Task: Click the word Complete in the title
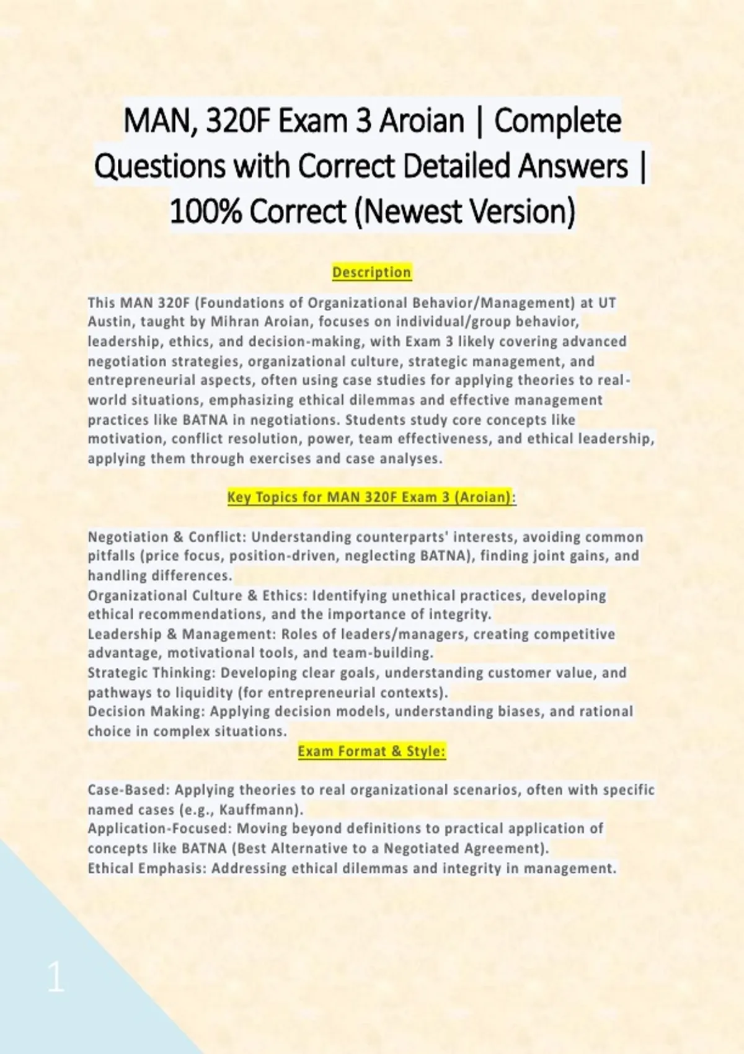[557, 121]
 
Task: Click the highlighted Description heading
[371, 272]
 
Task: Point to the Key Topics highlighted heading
[371, 497]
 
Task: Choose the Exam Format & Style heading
[371, 751]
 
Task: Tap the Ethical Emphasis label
[145, 868]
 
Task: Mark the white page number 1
[56, 978]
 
